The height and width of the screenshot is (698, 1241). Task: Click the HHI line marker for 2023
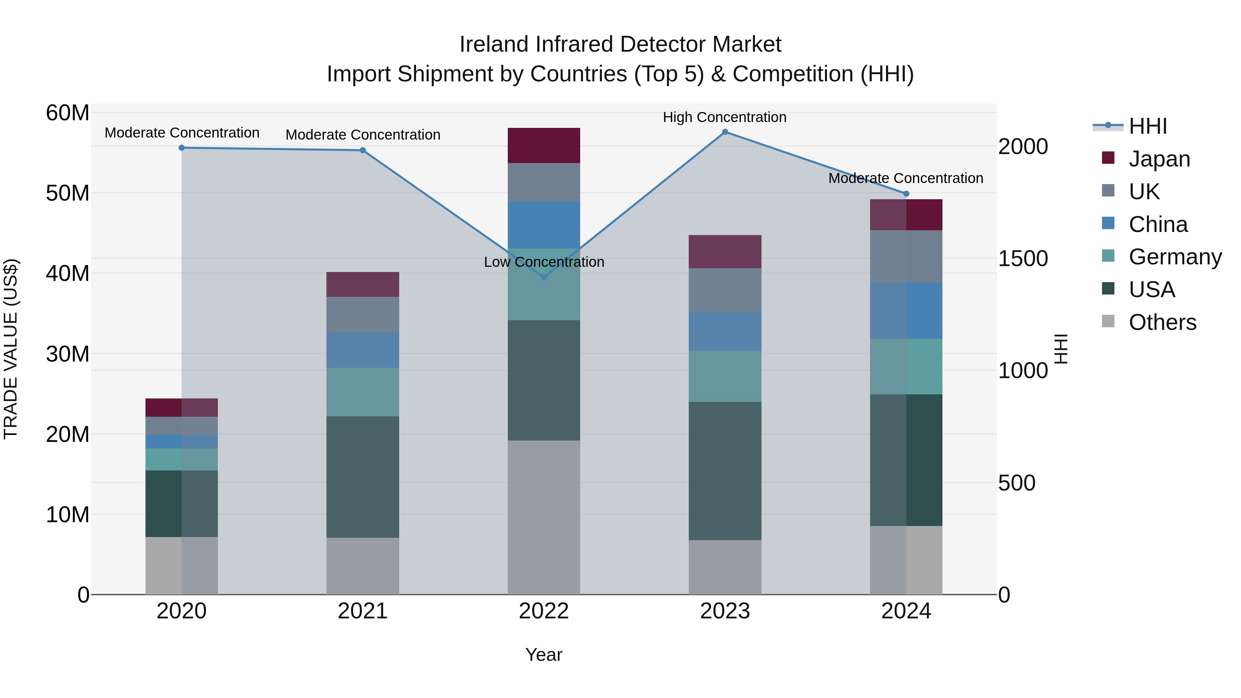(x=725, y=132)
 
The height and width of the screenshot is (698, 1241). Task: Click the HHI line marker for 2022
(x=544, y=277)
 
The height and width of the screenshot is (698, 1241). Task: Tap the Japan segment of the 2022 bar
(x=544, y=145)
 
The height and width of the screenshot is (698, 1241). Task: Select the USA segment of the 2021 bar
(x=363, y=477)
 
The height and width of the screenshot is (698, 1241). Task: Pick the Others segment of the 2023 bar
(x=725, y=567)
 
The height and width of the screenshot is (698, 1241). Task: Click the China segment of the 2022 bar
(x=544, y=225)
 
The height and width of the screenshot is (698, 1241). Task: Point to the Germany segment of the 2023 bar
(x=725, y=376)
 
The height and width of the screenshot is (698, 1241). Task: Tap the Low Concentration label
(x=544, y=262)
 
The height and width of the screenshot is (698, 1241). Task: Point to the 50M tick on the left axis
(x=68, y=193)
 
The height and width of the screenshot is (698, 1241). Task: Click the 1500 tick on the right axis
(x=1022, y=259)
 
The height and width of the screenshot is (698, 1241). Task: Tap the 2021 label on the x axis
(x=363, y=611)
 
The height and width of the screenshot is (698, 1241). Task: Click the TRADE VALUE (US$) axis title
(x=11, y=349)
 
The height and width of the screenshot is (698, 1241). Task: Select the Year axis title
(x=544, y=655)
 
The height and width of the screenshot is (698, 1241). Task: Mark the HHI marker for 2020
(x=182, y=148)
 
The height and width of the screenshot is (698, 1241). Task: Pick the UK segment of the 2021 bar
(x=363, y=315)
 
